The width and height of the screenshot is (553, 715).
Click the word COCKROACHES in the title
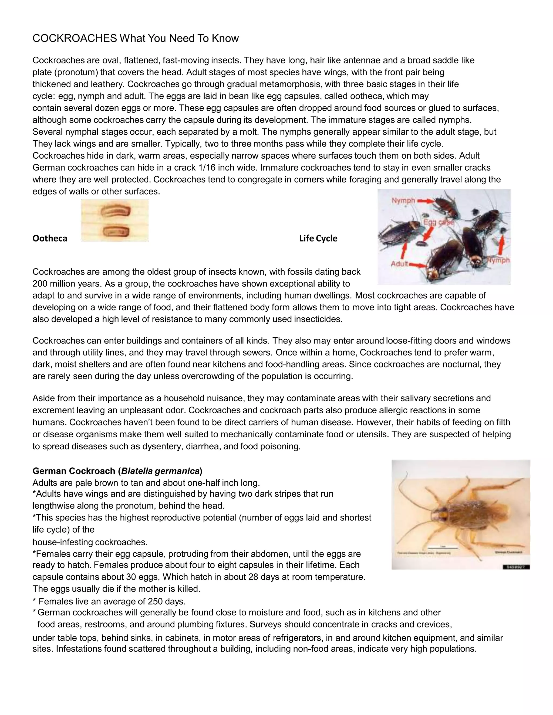(75, 39)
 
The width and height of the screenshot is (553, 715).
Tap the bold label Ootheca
(50, 238)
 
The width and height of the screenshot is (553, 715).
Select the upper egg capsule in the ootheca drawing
(115, 211)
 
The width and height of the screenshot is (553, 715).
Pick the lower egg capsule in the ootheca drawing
(115, 231)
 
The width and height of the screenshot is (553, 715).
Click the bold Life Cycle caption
(318, 238)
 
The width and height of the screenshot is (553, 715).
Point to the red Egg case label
(438, 223)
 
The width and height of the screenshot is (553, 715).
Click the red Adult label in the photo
(400, 264)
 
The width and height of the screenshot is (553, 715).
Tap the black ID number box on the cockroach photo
(516, 567)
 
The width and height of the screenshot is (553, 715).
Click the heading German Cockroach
(74, 471)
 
